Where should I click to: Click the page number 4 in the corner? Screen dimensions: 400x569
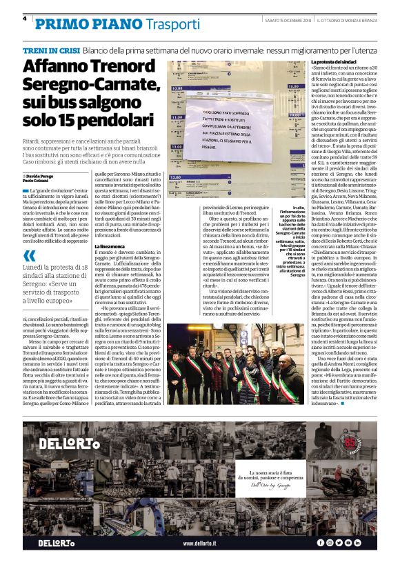(24, 19)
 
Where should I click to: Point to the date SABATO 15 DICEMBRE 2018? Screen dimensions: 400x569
(290, 20)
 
